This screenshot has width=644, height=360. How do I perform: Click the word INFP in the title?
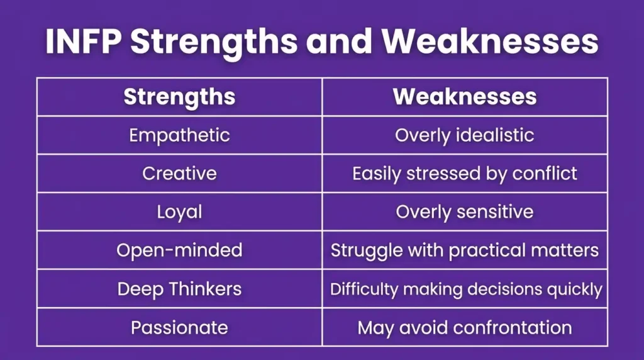pos(84,42)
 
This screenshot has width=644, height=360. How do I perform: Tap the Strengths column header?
pos(179,97)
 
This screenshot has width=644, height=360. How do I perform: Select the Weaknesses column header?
pos(465,97)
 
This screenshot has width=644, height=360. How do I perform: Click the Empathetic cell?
pos(179,135)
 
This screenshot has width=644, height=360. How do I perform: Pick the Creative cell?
pos(179,174)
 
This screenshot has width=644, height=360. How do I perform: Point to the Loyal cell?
pos(179,212)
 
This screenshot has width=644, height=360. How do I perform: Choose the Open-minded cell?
pos(179,250)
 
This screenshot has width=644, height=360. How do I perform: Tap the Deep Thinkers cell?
pos(179,289)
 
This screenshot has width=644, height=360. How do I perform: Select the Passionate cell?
pos(179,327)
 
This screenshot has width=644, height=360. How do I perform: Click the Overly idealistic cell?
pos(465,135)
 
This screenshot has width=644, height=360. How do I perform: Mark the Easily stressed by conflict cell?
pos(465,174)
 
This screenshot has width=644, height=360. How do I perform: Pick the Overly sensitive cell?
pos(465,212)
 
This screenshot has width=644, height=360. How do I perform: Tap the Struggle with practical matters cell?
pos(465,250)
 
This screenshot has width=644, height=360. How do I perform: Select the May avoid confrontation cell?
pos(465,327)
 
